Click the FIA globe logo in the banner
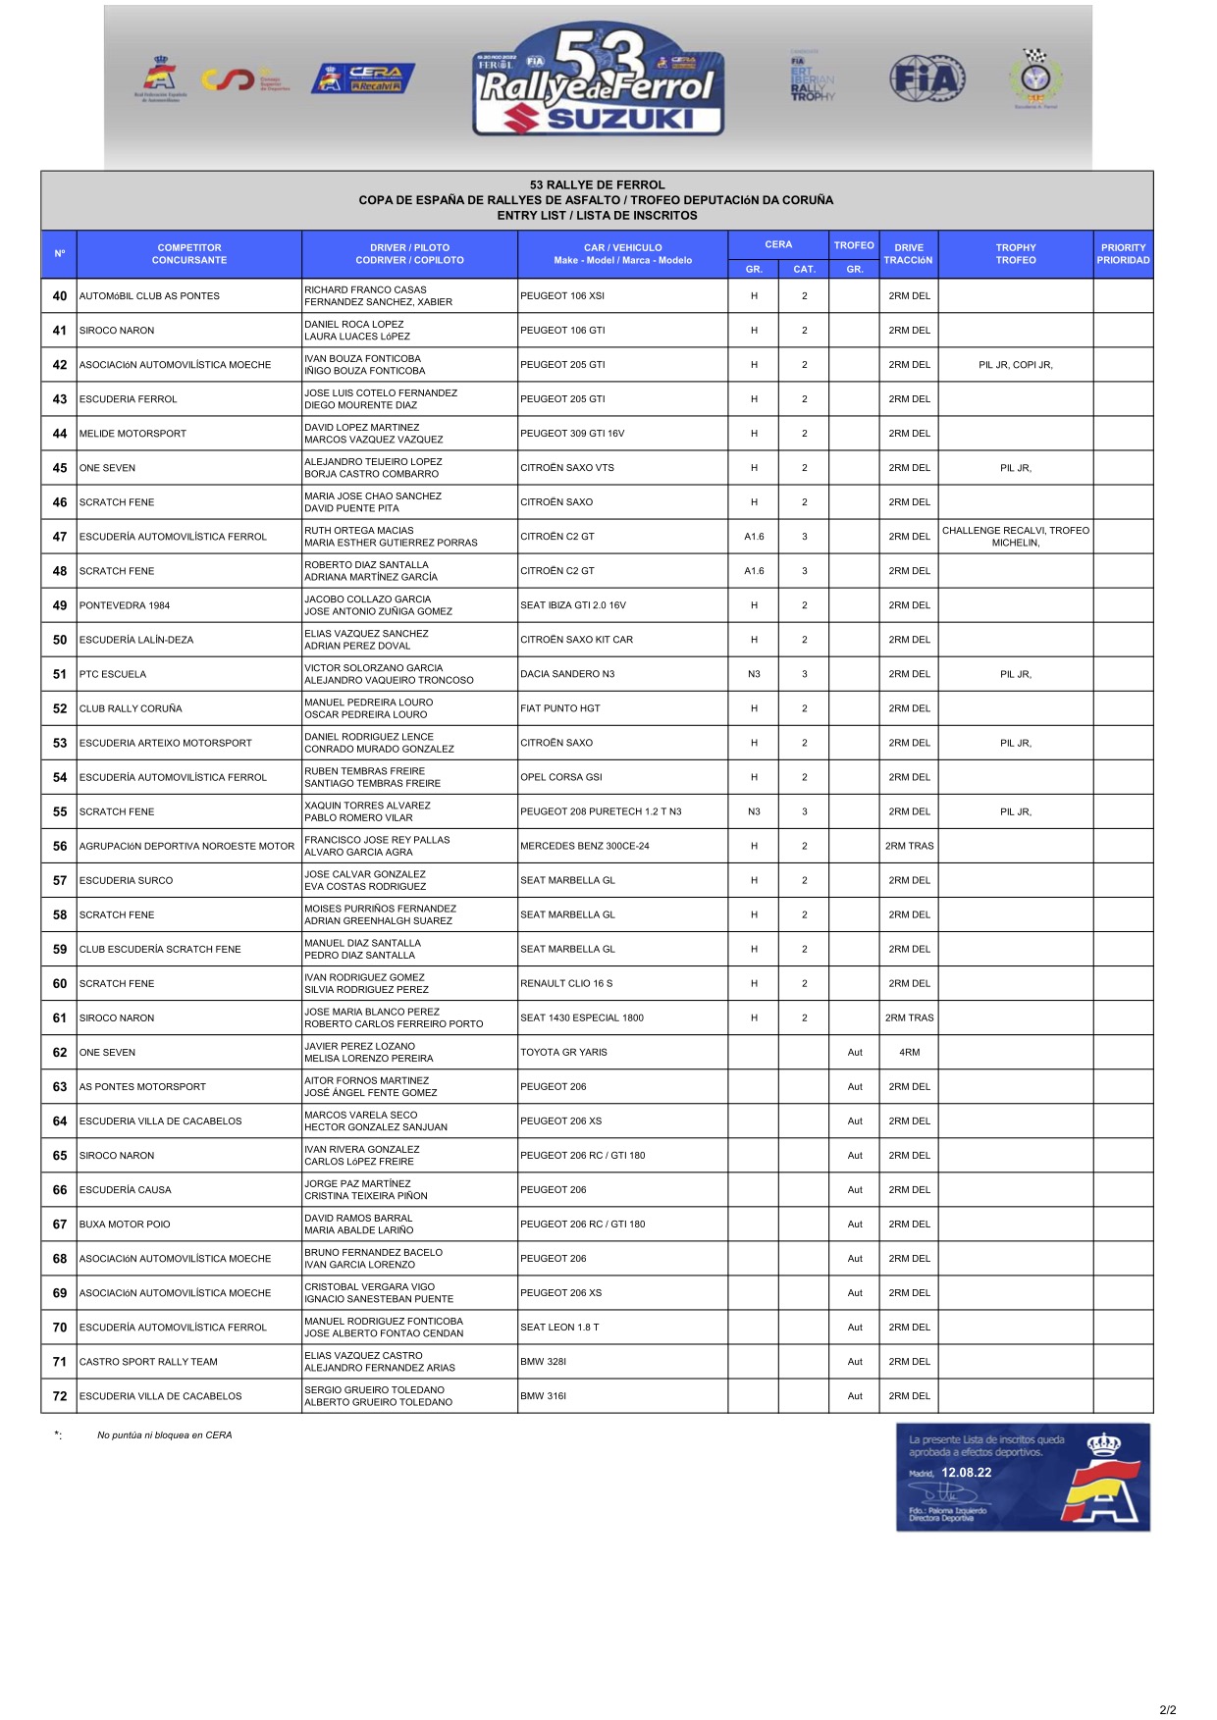pos(926,78)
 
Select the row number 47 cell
pos(60,537)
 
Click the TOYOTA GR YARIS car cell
pos(564,1052)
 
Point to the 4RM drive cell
pos(909,1052)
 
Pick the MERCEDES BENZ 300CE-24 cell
pos(585,846)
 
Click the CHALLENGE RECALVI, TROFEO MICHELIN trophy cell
pos(1016,537)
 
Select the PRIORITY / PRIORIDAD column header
pos(1123,254)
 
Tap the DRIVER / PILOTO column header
pos(409,254)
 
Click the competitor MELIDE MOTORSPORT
pos(132,434)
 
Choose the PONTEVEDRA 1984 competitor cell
pos(125,605)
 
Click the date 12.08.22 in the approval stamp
pos(967,1473)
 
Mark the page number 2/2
pos(1167,1709)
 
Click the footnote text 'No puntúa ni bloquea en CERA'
pos(165,1435)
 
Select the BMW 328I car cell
pos(544,1362)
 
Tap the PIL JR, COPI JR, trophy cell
pos(1016,365)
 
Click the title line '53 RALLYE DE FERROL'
pos(597,184)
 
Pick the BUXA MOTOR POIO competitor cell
pos(125,1225)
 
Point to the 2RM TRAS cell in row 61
pos(909,1017)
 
